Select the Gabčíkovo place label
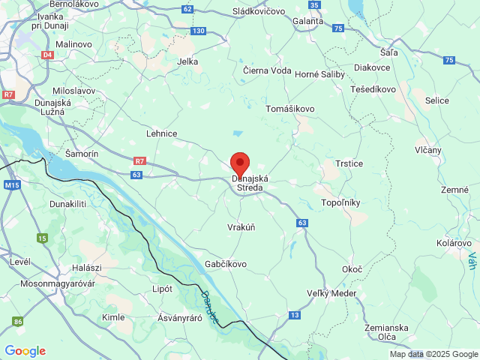pyautogui.click(x=226, y=264)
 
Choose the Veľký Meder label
pyautogui.click(x=332, y=293)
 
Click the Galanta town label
pyautogui.click(x=309, y=21)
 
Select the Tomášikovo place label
pyautogui.click(x=290, y=109)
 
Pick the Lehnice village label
pyautogui.click(x=161, y=133)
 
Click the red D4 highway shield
pyautogui.click(x=48, y=55)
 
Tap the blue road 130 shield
pyautogui.click(x=198, y=31)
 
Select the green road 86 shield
pyautogui.click(x=18, y=322)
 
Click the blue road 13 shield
pyautogui.click(x=295, y=315)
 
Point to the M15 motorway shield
pyautogui.click(x=11, y=184)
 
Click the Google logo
pyautogui.click(x=25, y=351)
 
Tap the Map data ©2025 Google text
pyautogui.click(x=433, y=354)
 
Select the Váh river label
pyautogui.click(x=472, y=262)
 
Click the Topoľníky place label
pyautogui.click(x=340, y=202)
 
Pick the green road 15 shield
pyautogui.click(x=42, y=238)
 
